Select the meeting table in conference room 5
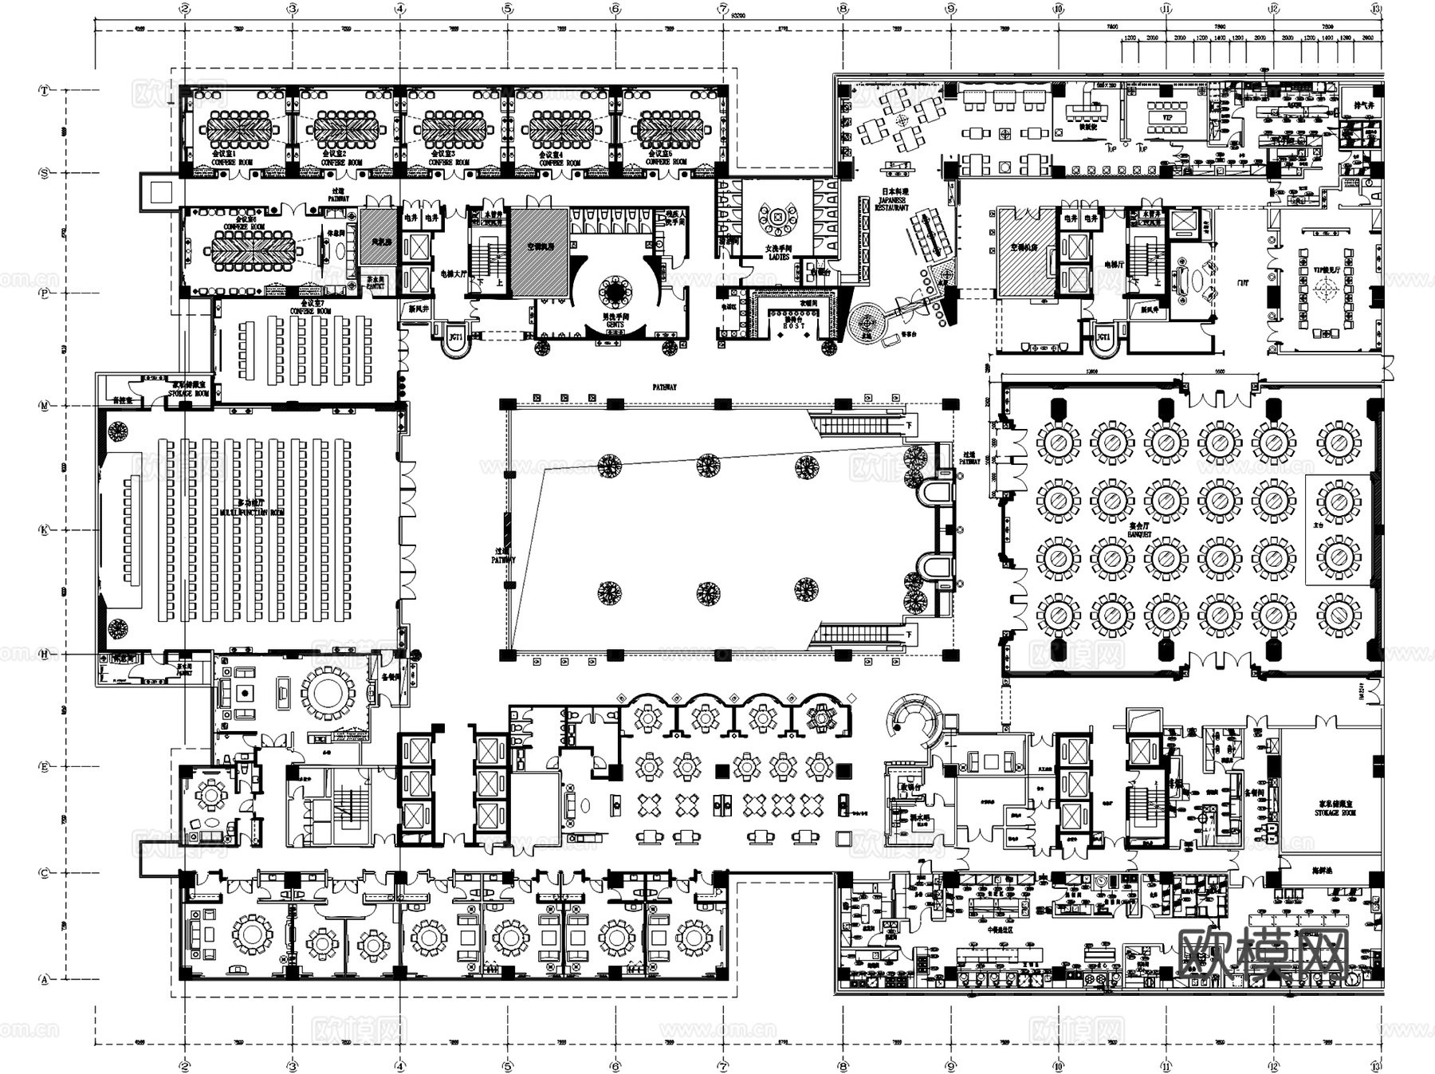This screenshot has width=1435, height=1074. [x=668, y=126]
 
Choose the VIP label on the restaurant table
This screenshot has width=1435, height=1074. [x=1168, y=118]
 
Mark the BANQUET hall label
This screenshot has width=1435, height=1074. [x=1140, y=530]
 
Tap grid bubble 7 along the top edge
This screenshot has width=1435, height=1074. [x=723, y=10]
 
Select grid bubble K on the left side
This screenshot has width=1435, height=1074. [x=44, y=530]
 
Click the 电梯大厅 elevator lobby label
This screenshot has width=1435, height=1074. [x=454, y=273]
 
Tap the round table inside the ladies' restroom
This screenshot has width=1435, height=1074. [x=778, y=216]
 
